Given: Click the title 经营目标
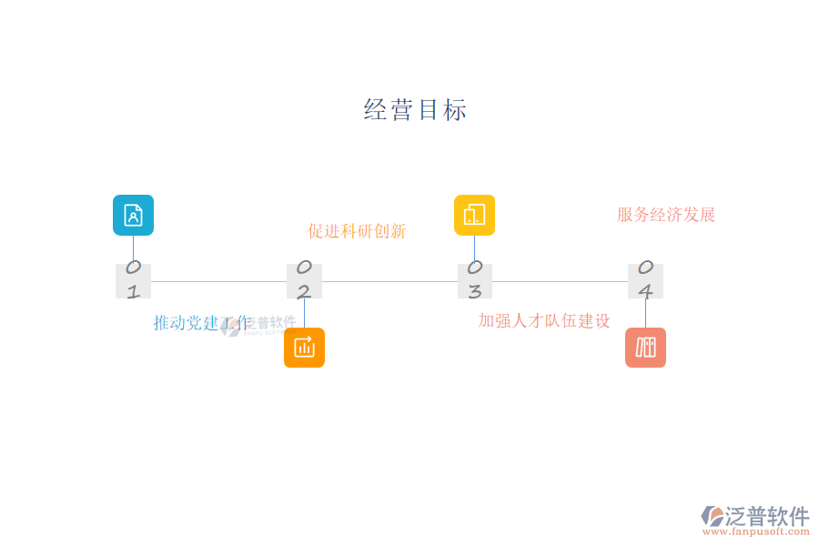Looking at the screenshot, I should [x=415, y=110].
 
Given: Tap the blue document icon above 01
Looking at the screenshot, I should [x=133, y=215].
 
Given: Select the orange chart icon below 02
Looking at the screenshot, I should [x=304, y=348].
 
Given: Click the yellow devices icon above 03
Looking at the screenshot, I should [x=474, y=215].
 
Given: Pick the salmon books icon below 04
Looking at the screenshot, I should [x=645, y=348].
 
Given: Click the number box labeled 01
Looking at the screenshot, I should [x=133, y=280].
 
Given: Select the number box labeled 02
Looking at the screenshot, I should [x=304, y=280].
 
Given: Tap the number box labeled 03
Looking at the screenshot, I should [x=474, y=280].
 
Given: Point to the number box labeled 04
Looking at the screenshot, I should [x=645, y=280].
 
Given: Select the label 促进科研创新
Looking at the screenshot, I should [x=357, y=231].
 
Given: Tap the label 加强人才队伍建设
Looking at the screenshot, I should [x=544, y=320].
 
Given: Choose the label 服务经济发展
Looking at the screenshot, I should [x=666, y=215].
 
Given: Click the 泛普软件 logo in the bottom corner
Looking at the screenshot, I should [x=755, y=516].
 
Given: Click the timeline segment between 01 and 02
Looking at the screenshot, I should [x=218, y=281].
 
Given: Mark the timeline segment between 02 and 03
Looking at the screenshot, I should [x=389, y=281].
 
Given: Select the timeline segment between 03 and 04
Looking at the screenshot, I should [x=560, y=281].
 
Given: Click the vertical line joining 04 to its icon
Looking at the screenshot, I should [x=645, y=313].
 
